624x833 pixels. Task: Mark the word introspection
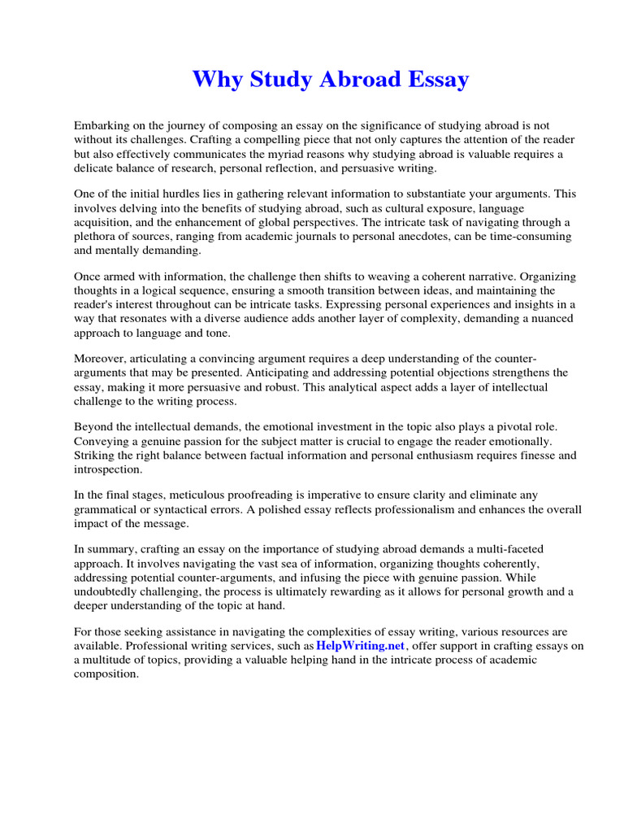[107, 469]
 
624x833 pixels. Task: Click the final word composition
[106, 674]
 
